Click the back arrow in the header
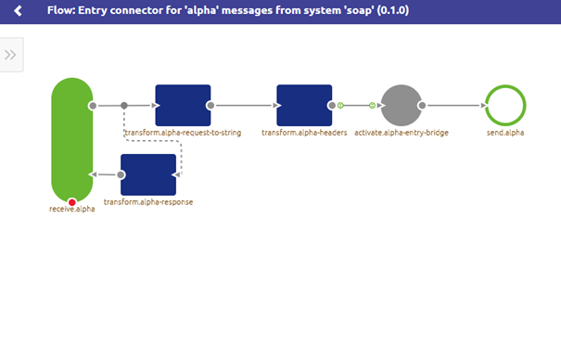click(18, 11)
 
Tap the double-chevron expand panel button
click(11, 55)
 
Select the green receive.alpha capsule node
click(72, 139)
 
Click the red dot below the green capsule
click(72, 202)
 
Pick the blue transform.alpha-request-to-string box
click(183, 105)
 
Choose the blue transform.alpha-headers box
click(304, 105)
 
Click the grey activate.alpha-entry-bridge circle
click(402, 106)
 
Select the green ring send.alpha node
click(505, 106)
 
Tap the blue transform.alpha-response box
click(148, 174)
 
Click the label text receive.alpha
click(72, 210)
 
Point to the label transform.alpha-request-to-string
click(183, 133)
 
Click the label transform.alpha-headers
click(304, 133)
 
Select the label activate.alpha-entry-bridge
click(402, 133)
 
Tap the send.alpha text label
click(505, 133)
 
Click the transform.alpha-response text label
click(148, 201)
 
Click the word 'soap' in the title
click(324, 11)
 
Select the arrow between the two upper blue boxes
click(245, 106)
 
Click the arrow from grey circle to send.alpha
click(454, 106)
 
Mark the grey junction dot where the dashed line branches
click(124, 106)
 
